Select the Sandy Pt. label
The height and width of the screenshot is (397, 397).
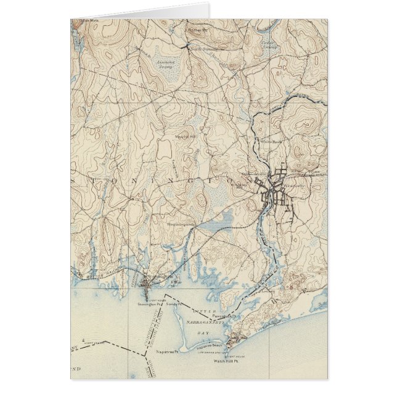[179, 303]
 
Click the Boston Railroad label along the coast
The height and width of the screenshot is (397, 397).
[92, 270]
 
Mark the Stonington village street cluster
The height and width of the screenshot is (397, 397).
[145, 284]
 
